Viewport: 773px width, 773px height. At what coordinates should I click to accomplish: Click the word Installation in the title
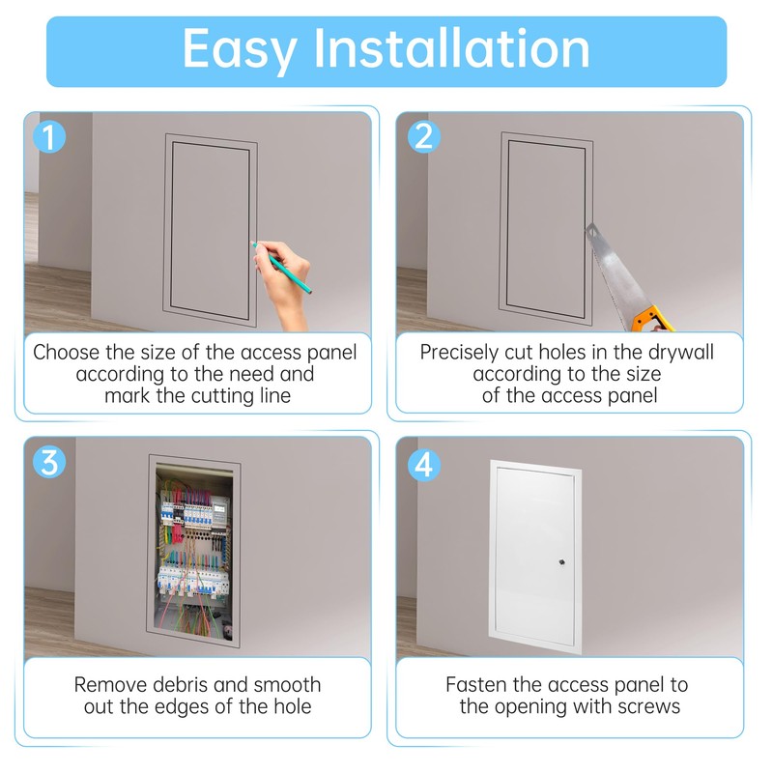click(452, 48)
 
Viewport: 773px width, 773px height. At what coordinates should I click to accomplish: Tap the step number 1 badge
click(48, 136)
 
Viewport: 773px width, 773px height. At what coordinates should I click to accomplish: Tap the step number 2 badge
click(422, 136)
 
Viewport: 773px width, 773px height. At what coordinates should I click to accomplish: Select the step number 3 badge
click(48, 462)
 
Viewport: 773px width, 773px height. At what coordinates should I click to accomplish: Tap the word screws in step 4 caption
click(648, 706)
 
